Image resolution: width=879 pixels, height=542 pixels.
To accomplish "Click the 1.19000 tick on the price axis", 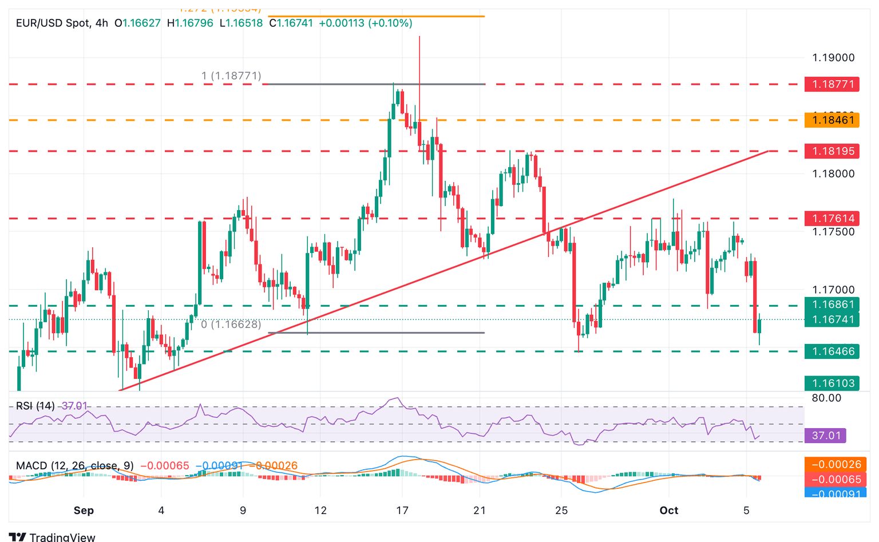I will (833, 58).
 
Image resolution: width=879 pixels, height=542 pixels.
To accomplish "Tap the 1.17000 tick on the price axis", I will (833, 290).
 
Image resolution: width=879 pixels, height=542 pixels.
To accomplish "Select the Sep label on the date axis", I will (84, 511).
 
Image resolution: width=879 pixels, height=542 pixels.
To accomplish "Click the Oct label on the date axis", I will (668, 511).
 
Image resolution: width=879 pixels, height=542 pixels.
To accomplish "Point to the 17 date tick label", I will (402, 511).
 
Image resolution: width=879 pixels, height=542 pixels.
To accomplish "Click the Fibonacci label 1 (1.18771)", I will (231, 76).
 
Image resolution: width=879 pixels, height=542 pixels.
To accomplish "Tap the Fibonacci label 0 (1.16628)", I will (231, 325).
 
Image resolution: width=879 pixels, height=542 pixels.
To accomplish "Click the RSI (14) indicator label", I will (35, 406).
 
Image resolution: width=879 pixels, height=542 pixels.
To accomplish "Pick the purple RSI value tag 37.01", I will (825, 436).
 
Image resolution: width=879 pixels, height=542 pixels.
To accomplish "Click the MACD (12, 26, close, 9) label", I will (74, 466).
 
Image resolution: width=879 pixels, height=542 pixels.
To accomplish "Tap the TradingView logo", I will (52, 537).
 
